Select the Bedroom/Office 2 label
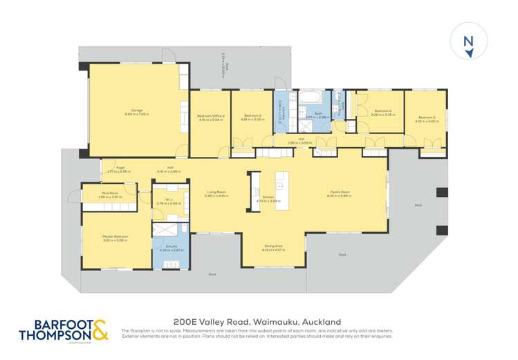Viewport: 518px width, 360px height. [210, 117]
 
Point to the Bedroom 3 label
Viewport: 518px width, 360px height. [251, 117]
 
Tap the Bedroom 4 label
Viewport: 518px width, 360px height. [382, 112]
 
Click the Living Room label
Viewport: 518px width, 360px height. [217, 193]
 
